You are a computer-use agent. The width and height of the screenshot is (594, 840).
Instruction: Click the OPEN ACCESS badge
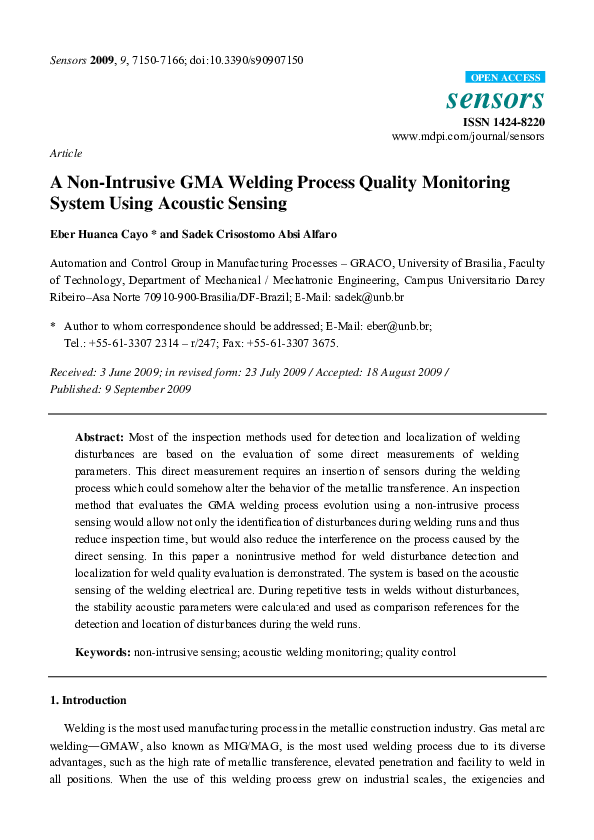click(504, 78)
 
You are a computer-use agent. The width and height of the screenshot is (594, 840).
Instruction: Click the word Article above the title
click(65, 154)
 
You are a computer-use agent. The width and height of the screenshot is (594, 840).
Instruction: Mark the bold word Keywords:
click(104, 652)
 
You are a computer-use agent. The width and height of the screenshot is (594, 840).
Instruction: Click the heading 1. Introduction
click(88, 700)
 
